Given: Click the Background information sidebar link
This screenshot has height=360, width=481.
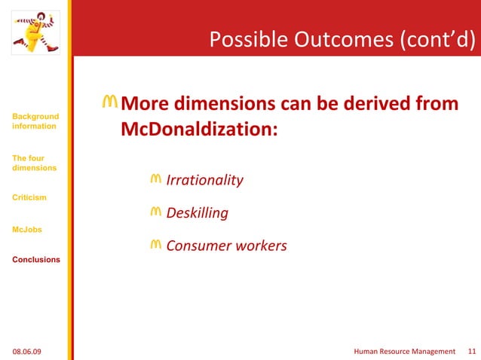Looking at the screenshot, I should pos(35,121).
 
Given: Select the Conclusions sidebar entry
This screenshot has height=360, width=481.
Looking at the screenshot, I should pos(35,260).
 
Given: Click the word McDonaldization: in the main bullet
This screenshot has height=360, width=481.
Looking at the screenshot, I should pos(199,130).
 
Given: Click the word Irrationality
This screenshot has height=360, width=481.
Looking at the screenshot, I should pos(204,181).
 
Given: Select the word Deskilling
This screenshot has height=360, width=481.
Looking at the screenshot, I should pos(197,213).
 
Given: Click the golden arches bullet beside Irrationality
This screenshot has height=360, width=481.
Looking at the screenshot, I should pos(155,179).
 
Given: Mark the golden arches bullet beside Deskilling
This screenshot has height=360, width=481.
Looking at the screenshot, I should pos(155,212).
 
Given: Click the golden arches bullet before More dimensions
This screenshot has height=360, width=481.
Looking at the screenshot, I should pos(110,102).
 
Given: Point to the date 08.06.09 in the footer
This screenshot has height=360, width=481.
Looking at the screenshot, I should pos(28,351).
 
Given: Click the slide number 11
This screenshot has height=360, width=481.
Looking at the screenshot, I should pos(472,351).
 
